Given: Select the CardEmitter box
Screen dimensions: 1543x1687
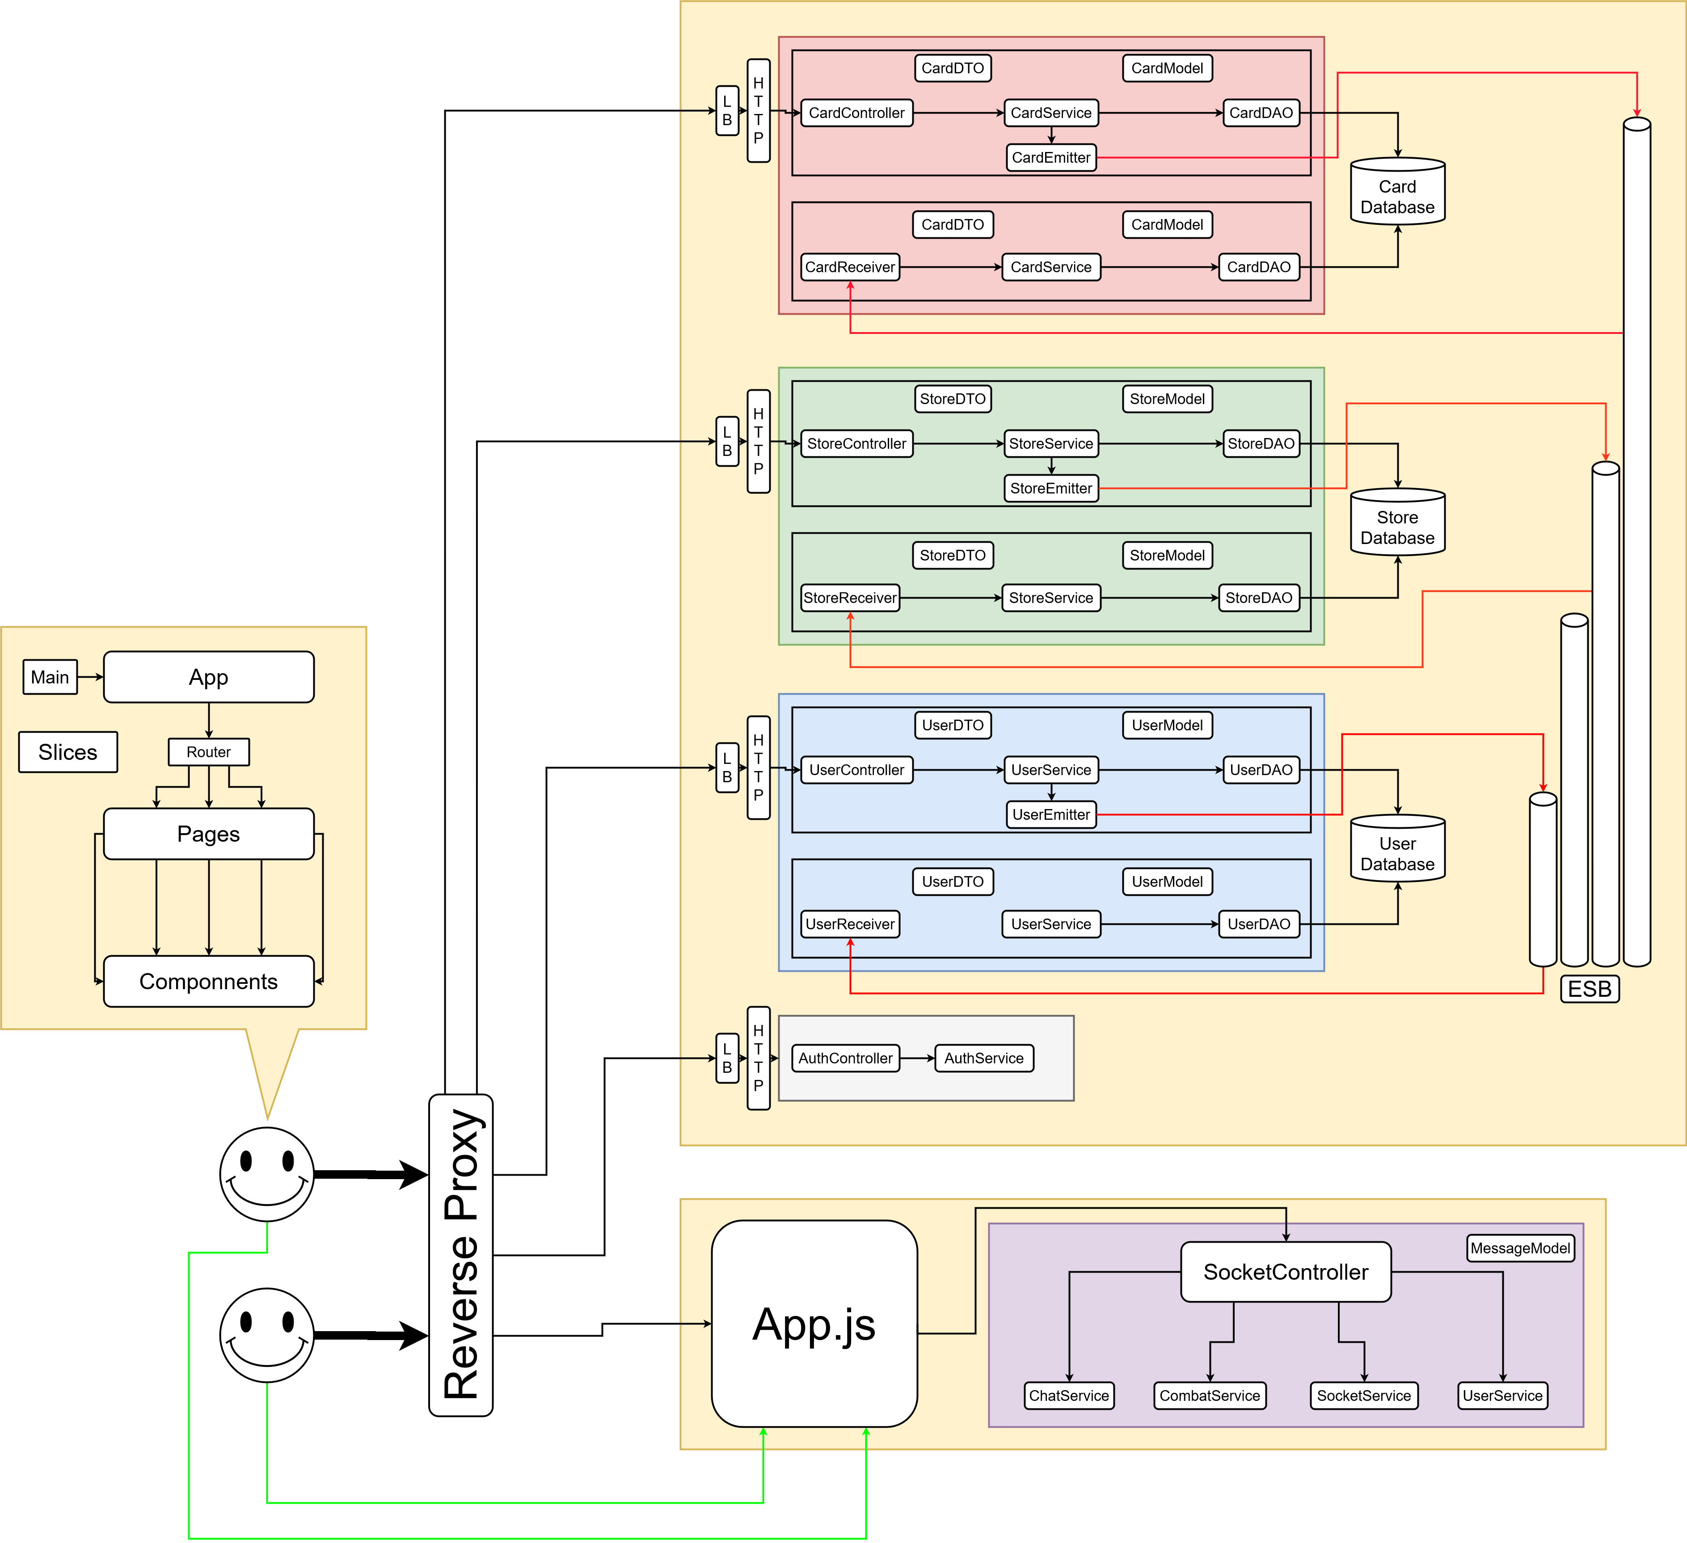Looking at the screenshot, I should click(x=1051, y=157).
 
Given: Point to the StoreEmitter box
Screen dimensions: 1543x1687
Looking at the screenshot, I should click(x=1051, y=488).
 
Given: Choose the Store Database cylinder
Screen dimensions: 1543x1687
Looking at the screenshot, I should click(x=1397, y=523).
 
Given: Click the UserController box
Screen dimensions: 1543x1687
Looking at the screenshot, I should click(x=856, y=770).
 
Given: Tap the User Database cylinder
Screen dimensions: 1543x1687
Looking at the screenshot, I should click(x=1397, y=849).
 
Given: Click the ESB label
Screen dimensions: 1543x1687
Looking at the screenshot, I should click(x=1589, y=989).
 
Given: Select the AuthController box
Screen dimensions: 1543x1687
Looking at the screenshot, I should click(x=845, y=1058).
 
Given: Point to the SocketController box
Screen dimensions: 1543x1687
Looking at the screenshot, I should click(x=1285, y=1272).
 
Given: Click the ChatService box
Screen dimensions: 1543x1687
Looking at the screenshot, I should click(x=1069, y=1395).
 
